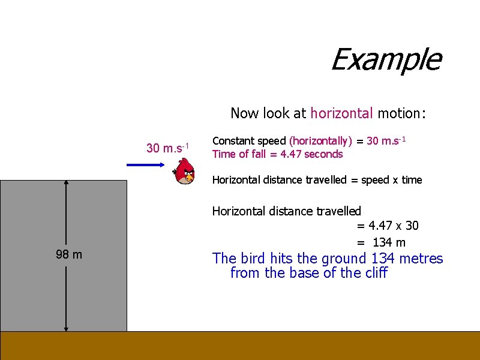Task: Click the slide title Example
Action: click(x=386, y=59)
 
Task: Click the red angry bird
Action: click(x=184, y=171)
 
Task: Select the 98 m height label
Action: click(x=69, y=254)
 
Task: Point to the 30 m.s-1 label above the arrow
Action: click(x=168, y=148)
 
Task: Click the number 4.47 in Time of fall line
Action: click(x=291, y=154)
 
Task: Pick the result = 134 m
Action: click(x=381, y=242)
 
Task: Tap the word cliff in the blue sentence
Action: click(x=374, y=273)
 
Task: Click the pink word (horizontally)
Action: click(x=320, y=141)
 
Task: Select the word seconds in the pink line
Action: click(x=323, y=154)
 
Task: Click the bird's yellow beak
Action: click(x=190, y=177)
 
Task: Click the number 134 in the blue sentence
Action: click(x=383, y=259)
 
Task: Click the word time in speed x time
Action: click(x=412, y=180)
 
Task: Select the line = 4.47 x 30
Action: click(x=388, y=226)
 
